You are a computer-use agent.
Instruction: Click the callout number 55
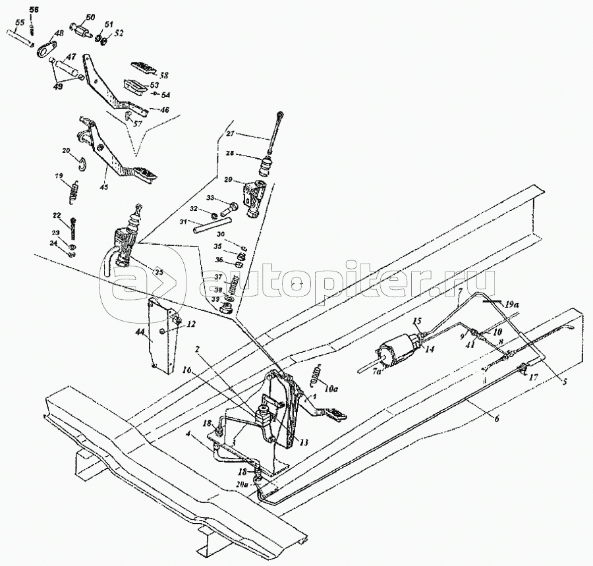point(20,22)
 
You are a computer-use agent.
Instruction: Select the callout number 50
point(90,17)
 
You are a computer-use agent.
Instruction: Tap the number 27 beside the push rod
point(231,134)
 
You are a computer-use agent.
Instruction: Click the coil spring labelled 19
point(75,193)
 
